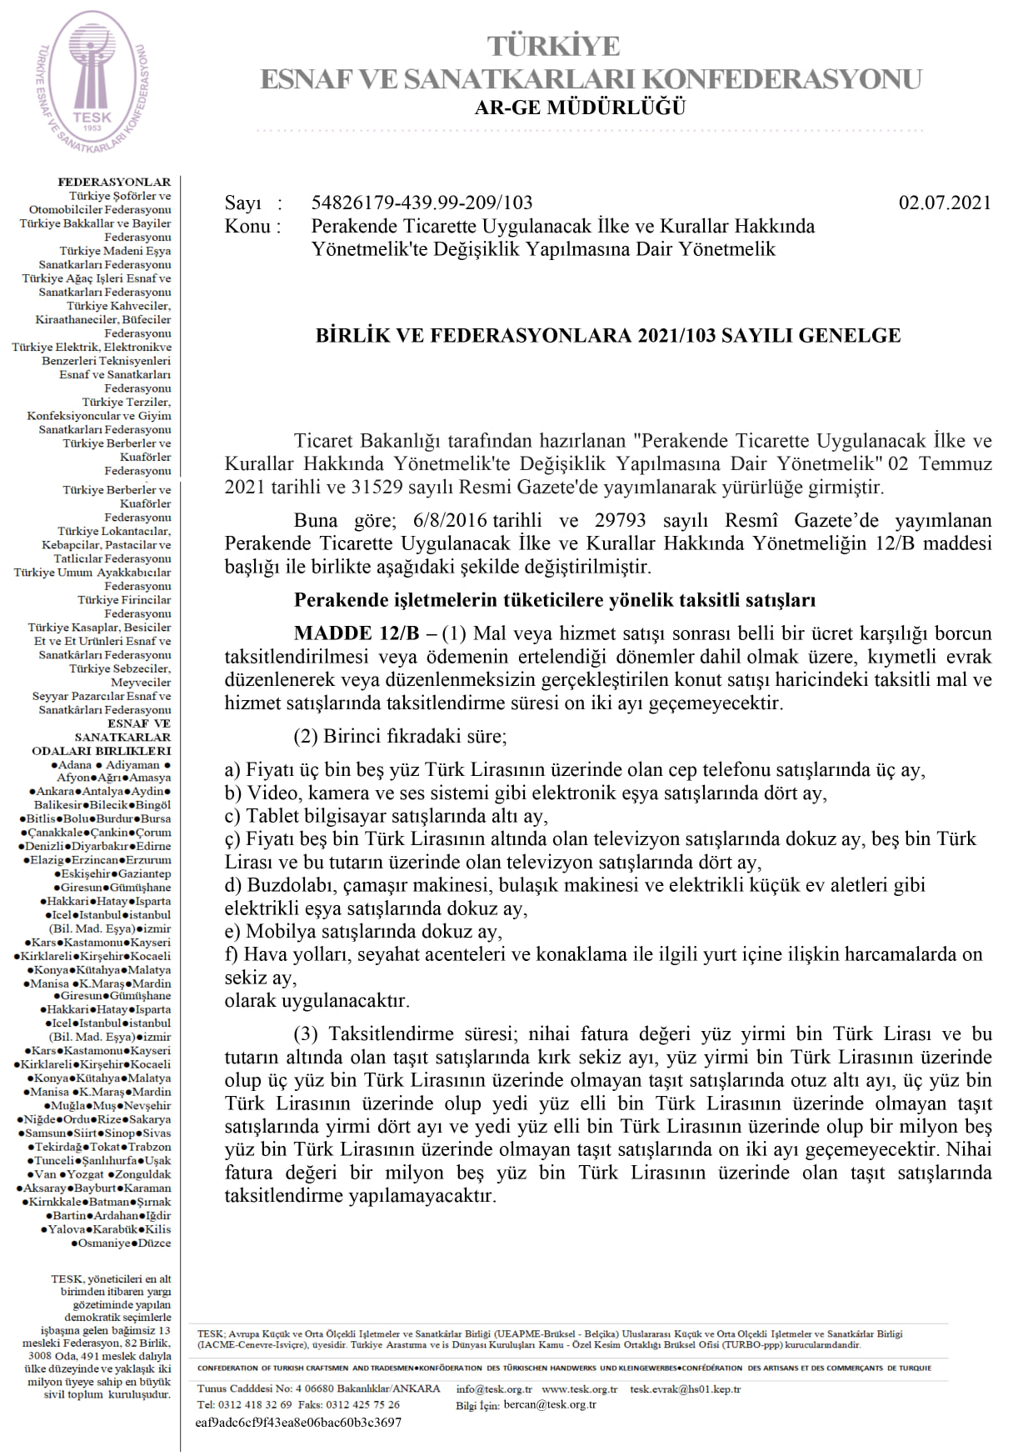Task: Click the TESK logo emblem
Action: pyautogui.click(x=92, y=81)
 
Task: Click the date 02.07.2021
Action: pyautogui.click(x=945, y=203)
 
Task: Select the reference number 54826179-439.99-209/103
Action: pyautogui.click(x=422, y=203)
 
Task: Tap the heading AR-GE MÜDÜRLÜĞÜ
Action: pyautogui.click(x=580, y=108)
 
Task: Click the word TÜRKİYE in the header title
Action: pyautogui.click(x=553, y=46)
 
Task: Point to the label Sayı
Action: pyautogui.click(x=242, y=203)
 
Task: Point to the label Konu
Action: pyautogui.click(x=247, y=226)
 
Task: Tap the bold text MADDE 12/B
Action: pyautogui.click(x=357, y=633)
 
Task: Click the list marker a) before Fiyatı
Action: pyautogui.click(x=232, y=769)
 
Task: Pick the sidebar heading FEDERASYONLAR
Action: pyautogui.click(x=114, y=182)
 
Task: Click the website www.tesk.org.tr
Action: pyautogui.click(x=579, y=1389)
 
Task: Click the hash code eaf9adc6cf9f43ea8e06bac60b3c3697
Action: pyautogui.click(x=298, y=1423)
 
